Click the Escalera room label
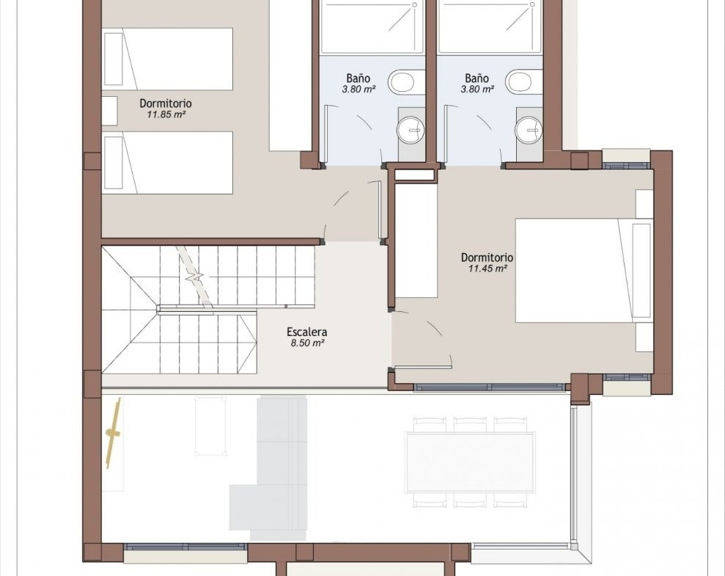(306, 332)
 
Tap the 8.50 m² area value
(307, 343)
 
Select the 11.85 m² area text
(166, 114)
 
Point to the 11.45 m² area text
(487, 269)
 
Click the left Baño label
(358, 79)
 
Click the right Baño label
(476, 79)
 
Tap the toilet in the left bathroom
(406, 82)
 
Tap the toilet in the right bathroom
(524, 82)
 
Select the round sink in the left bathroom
(410, 130)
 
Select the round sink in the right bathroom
(529, 130)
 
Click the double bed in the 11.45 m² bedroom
(584, 271)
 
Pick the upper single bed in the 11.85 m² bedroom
(167, 59)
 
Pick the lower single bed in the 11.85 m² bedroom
(167, 163)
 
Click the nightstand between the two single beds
(109, 111)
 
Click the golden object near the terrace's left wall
(114, 434)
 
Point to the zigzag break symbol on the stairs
(195, 277)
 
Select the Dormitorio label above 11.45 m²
(487, 258)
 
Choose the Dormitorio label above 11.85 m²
(166, 103)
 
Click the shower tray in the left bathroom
(372, 26)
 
